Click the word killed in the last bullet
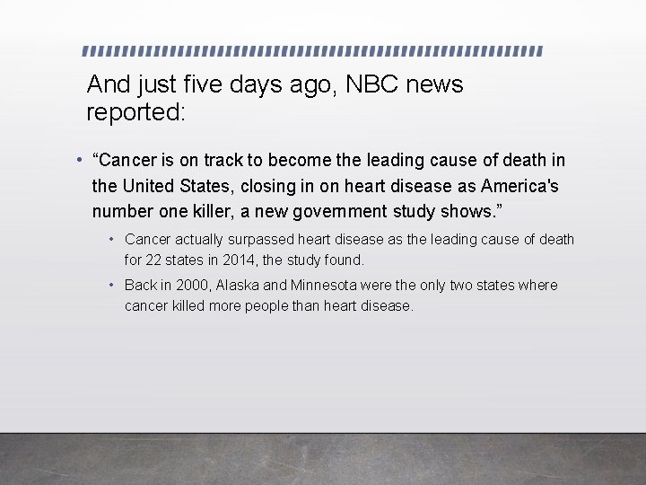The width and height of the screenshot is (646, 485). pyautogui.click(x=188, y=305)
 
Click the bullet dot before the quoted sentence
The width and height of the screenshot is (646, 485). pyautogui.click(x=80, y=160)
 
